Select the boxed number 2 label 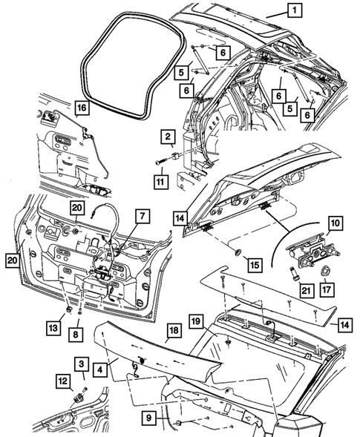pos(169,137)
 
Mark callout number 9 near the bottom pos(150,420)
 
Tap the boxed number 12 pos(64,381)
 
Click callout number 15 pos(254,264)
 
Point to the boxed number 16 pos(81,109)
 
